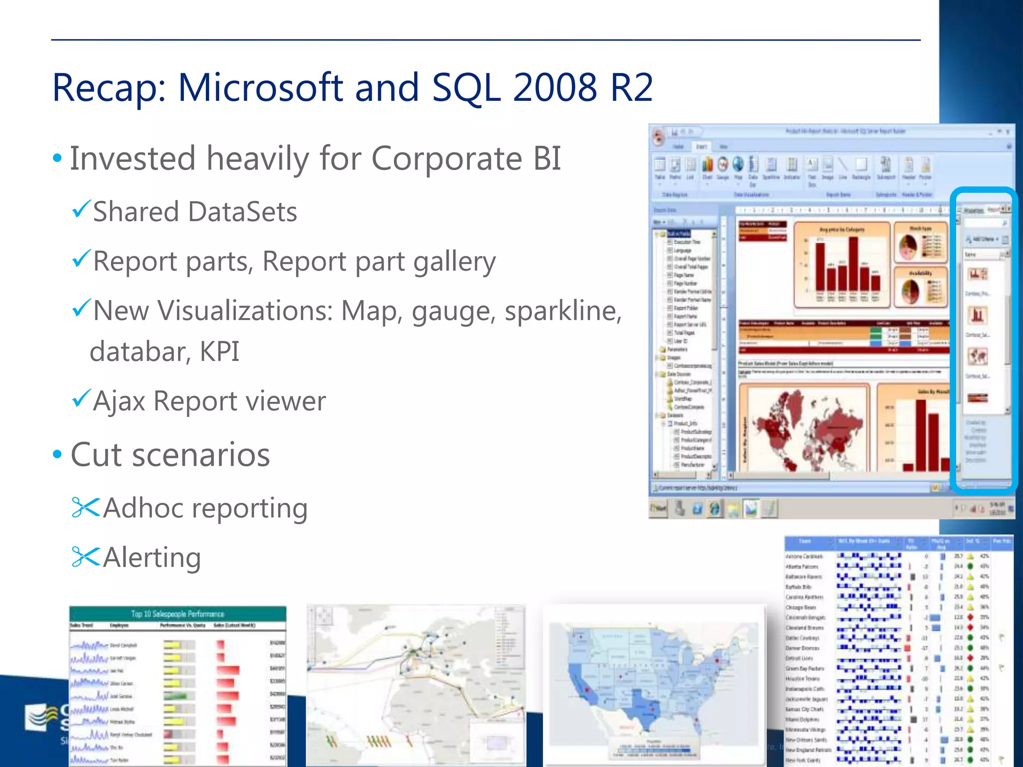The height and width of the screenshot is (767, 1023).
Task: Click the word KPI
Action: point(219,352)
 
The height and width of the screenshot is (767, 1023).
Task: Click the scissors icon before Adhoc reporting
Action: point(85,507)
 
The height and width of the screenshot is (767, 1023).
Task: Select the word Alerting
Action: point(152,557)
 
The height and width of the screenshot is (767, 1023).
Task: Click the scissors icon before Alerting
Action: point(85,557)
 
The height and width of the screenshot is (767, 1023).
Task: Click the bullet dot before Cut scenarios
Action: point(57,454)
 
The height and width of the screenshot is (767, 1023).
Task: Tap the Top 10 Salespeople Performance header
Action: point(177,614)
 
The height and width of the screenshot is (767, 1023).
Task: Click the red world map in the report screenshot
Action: point(804,429)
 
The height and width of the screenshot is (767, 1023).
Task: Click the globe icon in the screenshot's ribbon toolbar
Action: point(738,164)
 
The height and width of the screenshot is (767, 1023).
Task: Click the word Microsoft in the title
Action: point(260,88)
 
